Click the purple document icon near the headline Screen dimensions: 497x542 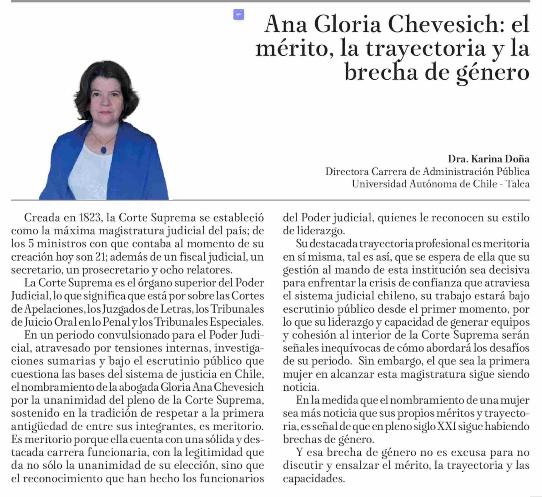tap(238, 14)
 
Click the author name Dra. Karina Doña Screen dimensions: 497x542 tap(488, 159)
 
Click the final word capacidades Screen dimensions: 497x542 tap(313, 479)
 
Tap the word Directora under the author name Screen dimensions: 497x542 tap(347, 172)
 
